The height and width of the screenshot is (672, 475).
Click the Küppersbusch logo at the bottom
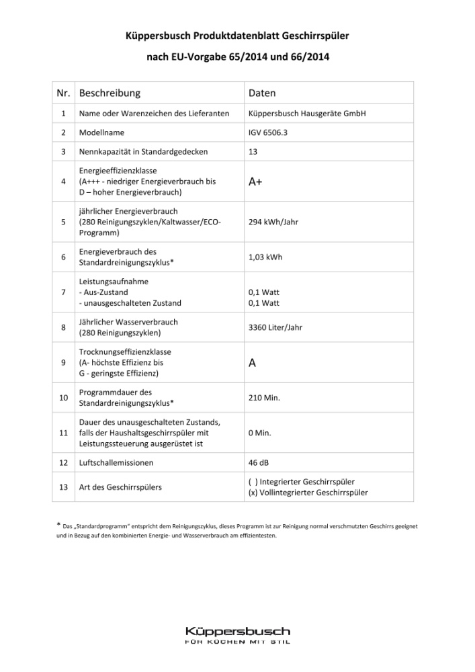tap(237, 635)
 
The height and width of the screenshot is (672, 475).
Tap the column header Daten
tap(262, 93)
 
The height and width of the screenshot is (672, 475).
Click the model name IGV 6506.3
tap(268, 133)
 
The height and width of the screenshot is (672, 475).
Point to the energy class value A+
tap(256, 182)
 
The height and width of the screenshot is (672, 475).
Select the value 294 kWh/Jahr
tap(274, 222)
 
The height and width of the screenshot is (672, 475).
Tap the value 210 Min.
tap(264, 398)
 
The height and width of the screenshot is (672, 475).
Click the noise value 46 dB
tap(261, 462)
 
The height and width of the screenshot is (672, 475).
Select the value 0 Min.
tap(259, 433)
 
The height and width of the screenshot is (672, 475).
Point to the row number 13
tap(62, 487)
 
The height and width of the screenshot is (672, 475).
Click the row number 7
tap(62, 292)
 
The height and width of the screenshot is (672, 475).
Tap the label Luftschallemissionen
tap(116, 462)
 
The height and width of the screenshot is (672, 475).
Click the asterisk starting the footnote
tap(57, 525)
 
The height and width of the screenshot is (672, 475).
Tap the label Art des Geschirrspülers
tap(120, 487)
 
